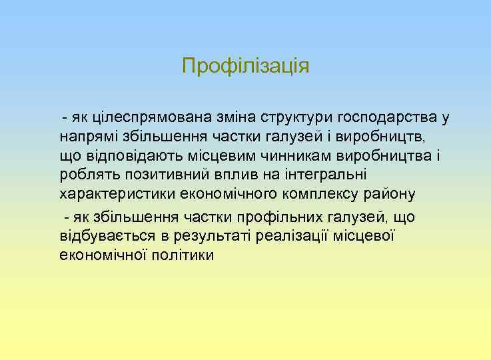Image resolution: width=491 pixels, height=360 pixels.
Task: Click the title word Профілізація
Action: pyautogui.click(x=246, y=67)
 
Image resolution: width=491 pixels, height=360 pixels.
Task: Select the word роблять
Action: pyautogui.click(x=85, y=175)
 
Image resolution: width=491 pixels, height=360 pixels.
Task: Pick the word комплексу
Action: pyautogui.click(x=321, y=195)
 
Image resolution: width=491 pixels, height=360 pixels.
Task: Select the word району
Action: pyautogui.click(x=394, y=195)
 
